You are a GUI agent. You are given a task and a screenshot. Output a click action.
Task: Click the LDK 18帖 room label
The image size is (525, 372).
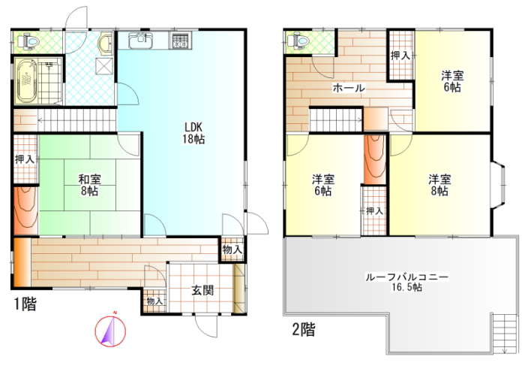point(193,133)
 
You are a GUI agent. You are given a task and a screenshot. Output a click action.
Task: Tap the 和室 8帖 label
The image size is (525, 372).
point(89,185)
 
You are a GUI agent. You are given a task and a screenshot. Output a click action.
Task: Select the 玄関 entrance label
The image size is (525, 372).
point(202,290)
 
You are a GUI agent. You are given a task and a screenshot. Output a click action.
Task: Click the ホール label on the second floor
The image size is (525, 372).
point(349,88)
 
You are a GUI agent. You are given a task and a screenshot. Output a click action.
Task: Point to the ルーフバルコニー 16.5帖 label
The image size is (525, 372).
point(406,282)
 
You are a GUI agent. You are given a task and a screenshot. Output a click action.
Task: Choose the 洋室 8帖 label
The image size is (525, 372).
point(439,185)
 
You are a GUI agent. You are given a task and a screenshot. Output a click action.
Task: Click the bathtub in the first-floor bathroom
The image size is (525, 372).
point(25,81)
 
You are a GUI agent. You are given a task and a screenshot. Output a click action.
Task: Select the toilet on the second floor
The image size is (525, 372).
point(298,41)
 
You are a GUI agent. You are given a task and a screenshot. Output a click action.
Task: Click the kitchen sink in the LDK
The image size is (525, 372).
point(141,41)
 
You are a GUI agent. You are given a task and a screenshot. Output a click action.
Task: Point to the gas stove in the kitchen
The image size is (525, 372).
point(181,41)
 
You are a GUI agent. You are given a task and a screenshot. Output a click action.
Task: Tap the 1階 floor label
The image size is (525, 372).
point(25,304)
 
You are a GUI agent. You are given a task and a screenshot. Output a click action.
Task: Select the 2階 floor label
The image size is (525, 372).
point(303,329)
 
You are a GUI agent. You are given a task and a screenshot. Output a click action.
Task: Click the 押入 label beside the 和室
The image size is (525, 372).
point(25,159)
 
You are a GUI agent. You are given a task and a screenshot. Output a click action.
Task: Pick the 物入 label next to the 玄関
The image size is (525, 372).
point(154,301)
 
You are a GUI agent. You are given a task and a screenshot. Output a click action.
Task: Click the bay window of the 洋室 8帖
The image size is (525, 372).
point(498,186)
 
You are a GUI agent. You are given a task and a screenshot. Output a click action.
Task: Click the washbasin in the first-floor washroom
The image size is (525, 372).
point(105,44)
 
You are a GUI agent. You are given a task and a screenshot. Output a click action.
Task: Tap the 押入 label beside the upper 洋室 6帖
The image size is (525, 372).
point(400,56)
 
